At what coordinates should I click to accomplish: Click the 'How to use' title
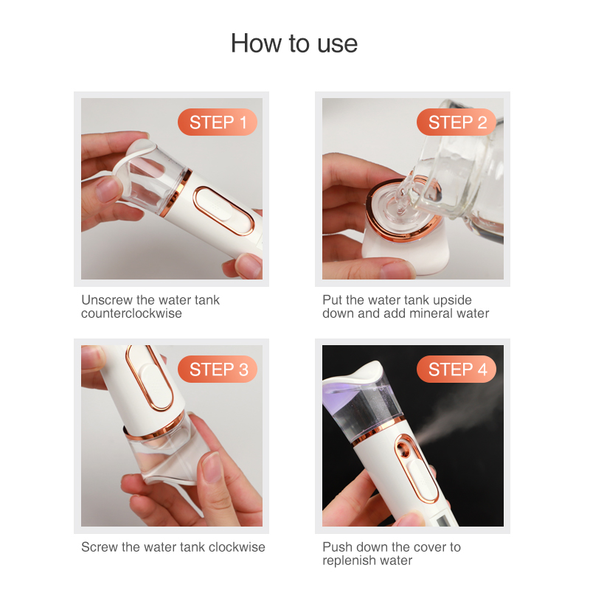click(x=294, y=44)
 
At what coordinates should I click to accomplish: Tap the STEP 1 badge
click(x=218, y=122)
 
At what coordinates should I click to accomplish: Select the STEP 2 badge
click(x=457, y=122)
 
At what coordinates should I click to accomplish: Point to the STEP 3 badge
click(x=218, y=369)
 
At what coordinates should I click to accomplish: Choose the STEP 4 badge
click(x=457, y=369)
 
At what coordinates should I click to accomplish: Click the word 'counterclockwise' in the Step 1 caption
click(x=132, y=313)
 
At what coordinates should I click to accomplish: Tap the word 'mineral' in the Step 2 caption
click(x=431, y=313)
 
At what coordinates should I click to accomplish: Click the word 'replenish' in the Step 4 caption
click(x=346, y=560)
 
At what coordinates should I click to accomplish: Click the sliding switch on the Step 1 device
click(x=223, y=211)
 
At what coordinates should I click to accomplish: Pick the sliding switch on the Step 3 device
click(x=150, y=378)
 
